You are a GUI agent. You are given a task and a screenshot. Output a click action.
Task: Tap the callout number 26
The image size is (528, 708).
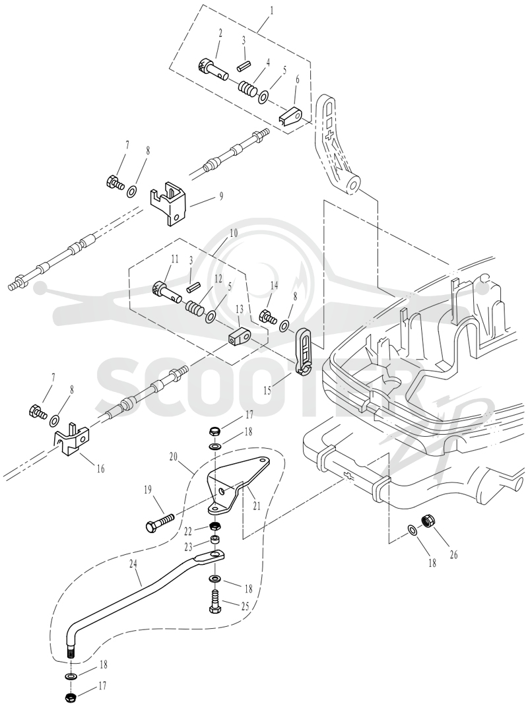[453, 555]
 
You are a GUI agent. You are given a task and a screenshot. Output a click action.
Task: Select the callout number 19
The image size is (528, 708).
[147, 490]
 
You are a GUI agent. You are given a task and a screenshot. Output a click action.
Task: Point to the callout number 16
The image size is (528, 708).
[100, 469]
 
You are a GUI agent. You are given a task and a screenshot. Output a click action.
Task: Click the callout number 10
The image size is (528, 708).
[233, 235]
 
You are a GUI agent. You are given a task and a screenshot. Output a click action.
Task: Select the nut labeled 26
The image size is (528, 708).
[428, 521]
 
